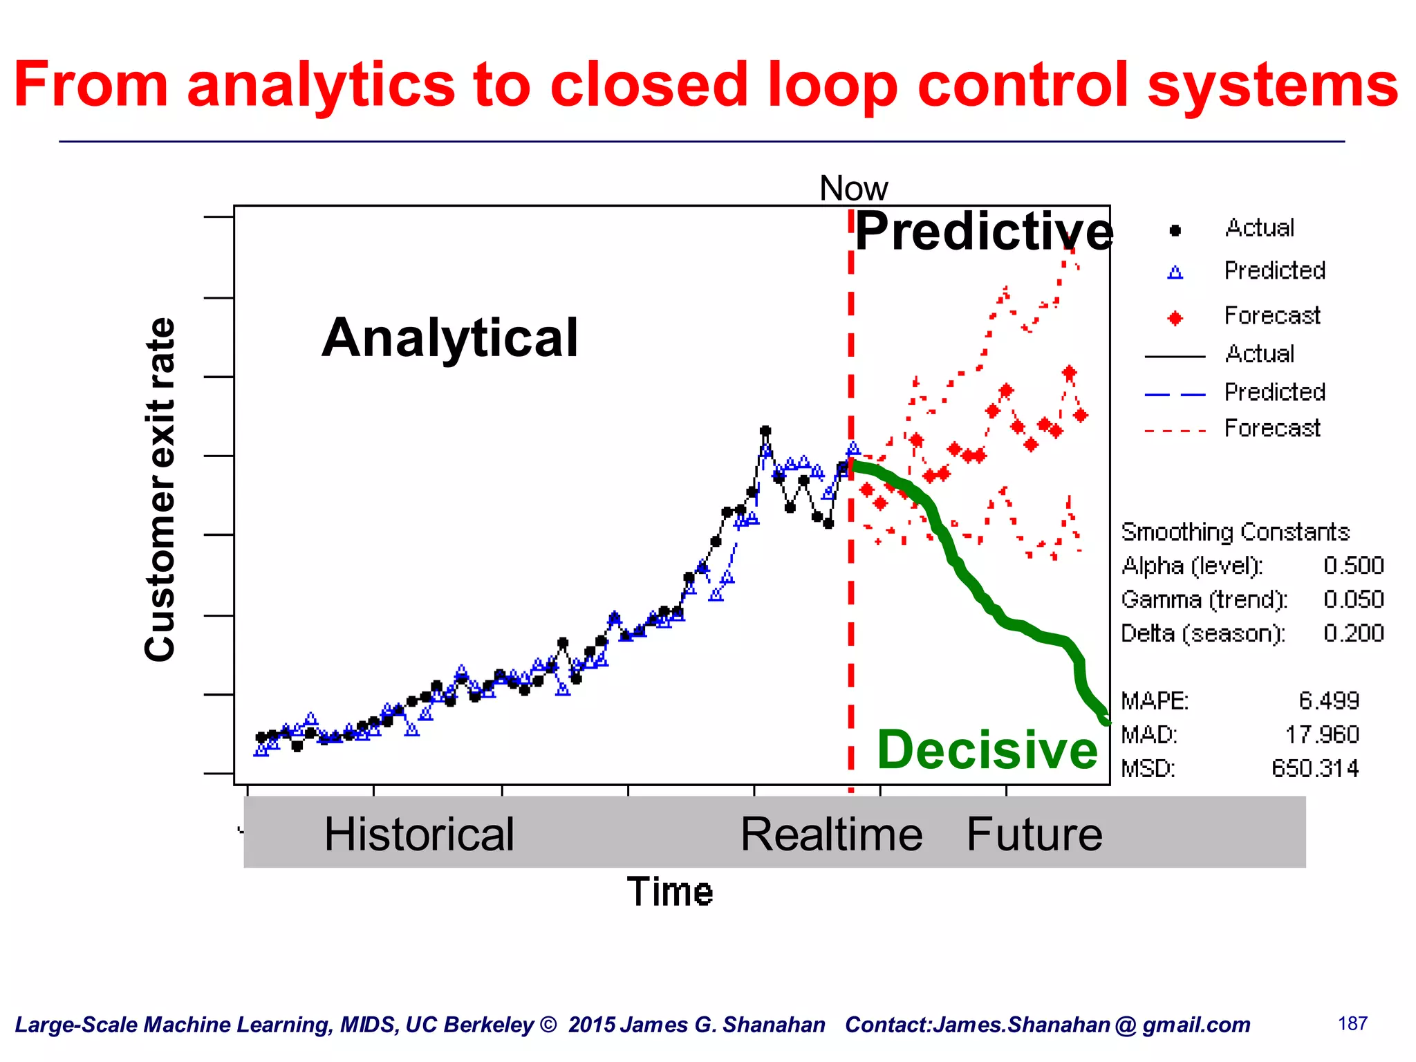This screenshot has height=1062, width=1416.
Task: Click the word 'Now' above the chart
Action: click(x=853, y=188)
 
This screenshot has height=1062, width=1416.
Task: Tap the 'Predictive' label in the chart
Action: click(x=983, y=232)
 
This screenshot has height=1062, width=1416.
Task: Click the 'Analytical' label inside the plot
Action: click(x=449, y=338)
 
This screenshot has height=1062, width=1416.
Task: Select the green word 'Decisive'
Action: click(x=987, y=750)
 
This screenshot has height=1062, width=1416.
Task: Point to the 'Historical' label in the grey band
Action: click(x=419, y=834)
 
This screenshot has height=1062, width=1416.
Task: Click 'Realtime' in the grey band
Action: click(x=831, y=834)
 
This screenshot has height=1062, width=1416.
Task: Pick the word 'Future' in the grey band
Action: click(x=1034, y=834)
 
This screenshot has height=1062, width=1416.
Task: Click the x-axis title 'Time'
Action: click(x=669, y=892)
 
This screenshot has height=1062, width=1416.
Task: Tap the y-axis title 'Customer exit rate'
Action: click(x=160, y=490)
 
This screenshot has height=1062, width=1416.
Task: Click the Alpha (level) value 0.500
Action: click(x=1353, y=566)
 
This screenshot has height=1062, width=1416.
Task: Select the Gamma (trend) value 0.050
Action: click(x=1353, y=599)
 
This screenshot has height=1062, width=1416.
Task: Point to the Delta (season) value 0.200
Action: click(x=1353, y=633)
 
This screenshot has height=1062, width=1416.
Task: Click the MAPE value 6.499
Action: click(x=1328, y=701)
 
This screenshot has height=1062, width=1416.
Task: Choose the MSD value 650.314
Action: click(x=1315, y=769)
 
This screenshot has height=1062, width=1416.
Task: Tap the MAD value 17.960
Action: click(x=1322, y=735)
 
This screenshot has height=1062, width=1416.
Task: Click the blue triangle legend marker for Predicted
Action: click(x=1175, y=273)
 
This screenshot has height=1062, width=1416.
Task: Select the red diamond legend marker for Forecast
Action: click(x=1175, y=318)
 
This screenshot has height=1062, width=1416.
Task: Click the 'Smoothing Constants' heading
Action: click(x=1235, y=532)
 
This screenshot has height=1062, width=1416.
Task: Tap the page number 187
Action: click(x=1352, y=1023)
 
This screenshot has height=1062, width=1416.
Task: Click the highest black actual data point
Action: click(x=765, y=431)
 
